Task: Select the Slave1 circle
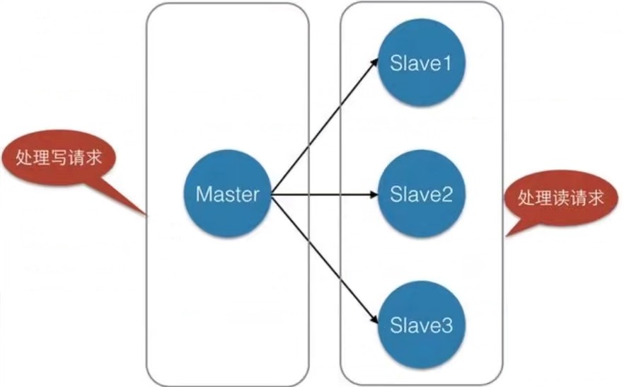(x=421, y=63)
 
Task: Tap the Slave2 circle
(x=421, y=193)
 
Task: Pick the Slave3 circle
(x=421, y=326)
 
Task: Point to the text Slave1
(x=421, y=64)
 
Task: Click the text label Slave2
(x=421, y=194)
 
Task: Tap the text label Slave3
(x=421, y=326)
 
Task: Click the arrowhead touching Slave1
(x=377, y=63)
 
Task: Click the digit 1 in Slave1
(x=446, y=64)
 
